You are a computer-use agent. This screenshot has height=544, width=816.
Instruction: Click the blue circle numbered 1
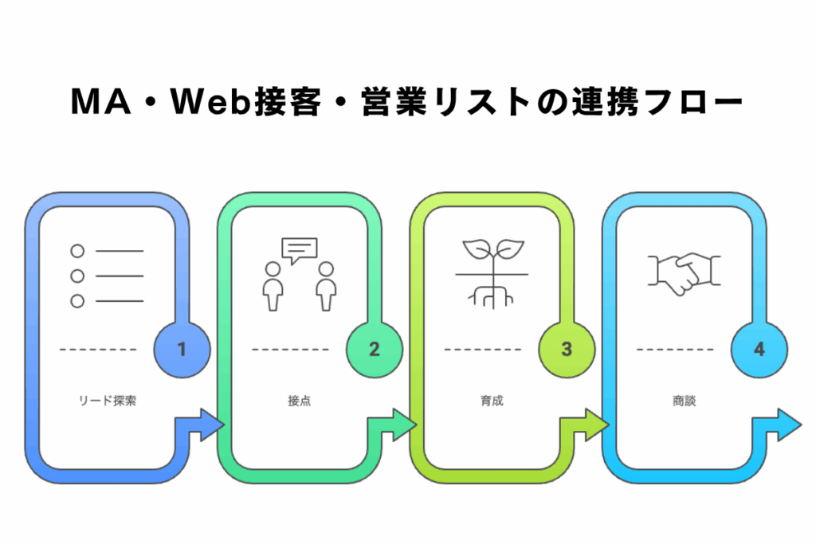pos(182,349)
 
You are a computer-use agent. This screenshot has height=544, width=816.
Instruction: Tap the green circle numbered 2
pos(375,349)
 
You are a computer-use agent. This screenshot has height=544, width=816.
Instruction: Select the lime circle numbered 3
pos(567,349)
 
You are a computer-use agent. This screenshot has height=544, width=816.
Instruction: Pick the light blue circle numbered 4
pos(759,349)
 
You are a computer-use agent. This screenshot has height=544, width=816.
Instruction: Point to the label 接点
pos(299,401)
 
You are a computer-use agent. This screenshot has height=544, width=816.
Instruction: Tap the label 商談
pos(684,401)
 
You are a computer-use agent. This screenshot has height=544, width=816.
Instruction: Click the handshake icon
pos(684,273)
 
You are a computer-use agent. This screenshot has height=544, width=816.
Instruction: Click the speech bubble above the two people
pos(300,250)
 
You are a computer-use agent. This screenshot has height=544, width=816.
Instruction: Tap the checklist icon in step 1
pos(107,276)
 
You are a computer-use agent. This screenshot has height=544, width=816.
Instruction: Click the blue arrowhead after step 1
pos(211,424)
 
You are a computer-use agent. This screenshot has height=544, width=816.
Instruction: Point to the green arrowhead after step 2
pos(403,424)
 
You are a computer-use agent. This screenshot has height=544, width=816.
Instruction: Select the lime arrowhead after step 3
pos(595,424)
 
